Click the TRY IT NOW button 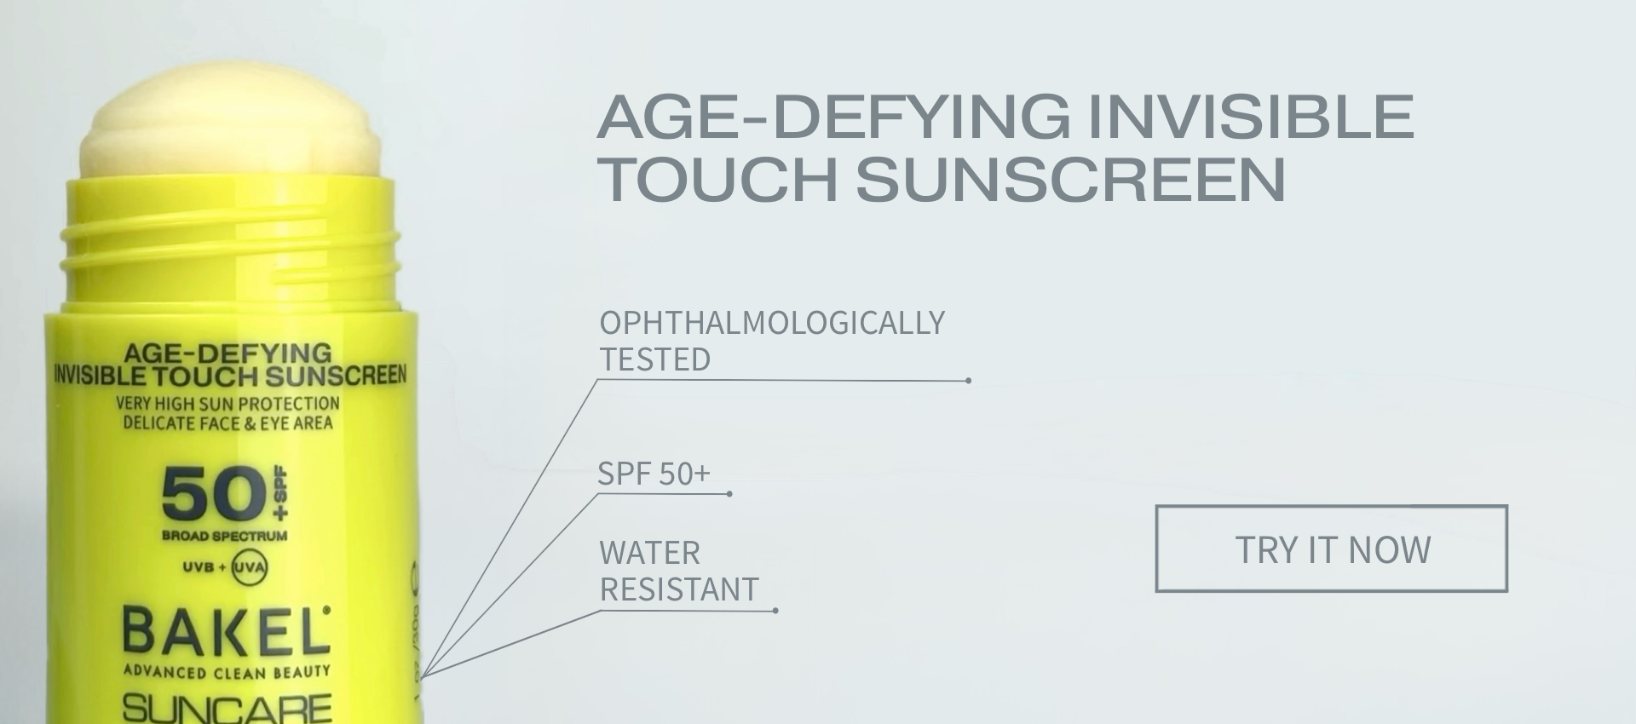pyautogui.click(x=1331, y=549)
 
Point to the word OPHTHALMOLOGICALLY pyautogui.click(x=772, y=323)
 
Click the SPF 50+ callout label pyautogui.click(x=654, y=474)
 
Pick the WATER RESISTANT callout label pyautogui.click(x=679, y=571)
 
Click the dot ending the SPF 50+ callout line pyautogui.click(x=729, y=494)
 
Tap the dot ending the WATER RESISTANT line pyautogui.click(x=775, y=611)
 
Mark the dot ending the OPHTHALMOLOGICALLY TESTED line pyautogui.click(x=969, y=381)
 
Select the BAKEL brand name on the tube pyautogui.click(x=226, y=631)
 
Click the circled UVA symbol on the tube pyautogui.click(x=250, y=568)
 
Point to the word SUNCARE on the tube pyautogui.click(x=227, y=708)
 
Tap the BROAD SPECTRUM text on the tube pyautogui.click(x=225, y=536)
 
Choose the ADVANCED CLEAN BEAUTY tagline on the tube pyautogui.click(x=227, y=672)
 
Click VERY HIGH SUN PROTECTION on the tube pyautogui.click(x=228, y=403)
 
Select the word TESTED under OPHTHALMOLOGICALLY pyautogui.click(x=655, y=359)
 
